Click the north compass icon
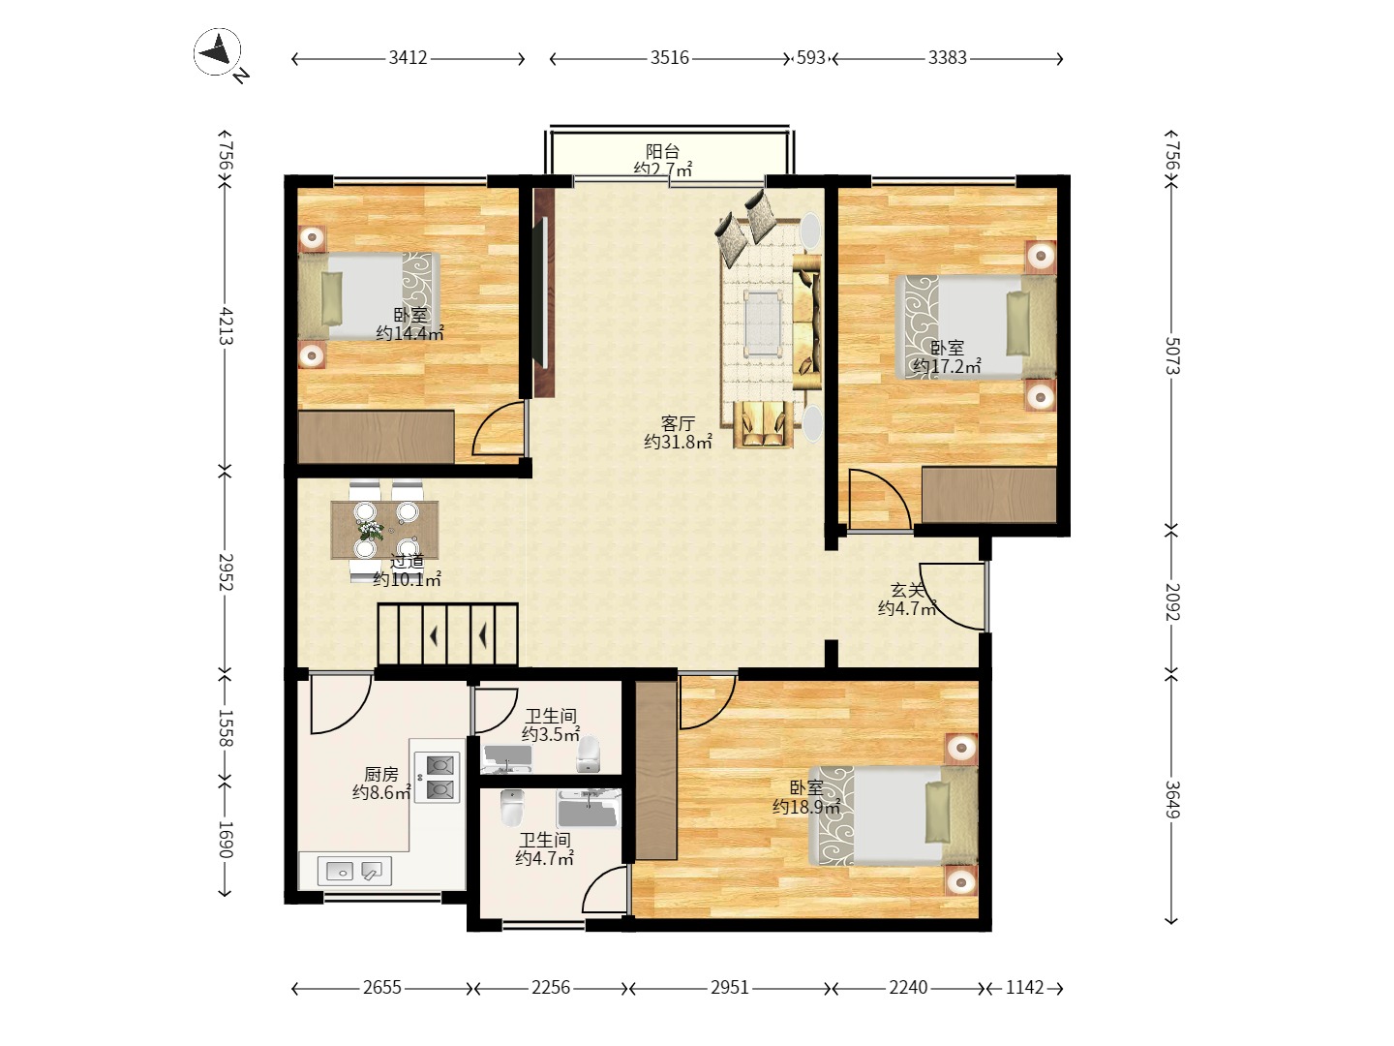(217, 52)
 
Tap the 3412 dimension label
(408, 58)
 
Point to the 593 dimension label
(810, 58)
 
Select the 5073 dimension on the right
(1172, 356)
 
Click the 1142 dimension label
(1025, 988)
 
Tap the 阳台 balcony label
(662, 151)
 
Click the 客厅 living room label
(678, 423)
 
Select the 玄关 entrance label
(907, 590)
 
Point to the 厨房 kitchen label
(381, 774)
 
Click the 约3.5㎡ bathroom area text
(551, 735)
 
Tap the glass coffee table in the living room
(763, 323)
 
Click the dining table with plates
(384, 531)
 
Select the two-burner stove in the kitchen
(438, 778)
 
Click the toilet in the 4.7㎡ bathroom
(512, 807)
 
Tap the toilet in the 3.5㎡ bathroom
(588, 754)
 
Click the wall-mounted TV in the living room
(544, 292)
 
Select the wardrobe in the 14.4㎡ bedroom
(376, 436)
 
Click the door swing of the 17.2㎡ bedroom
(881, 499)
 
